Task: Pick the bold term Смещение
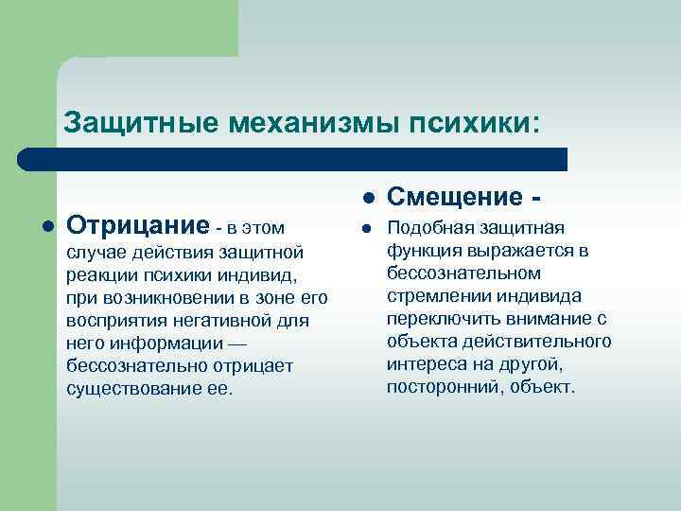tap(454, 198)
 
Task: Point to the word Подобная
tap(425, 228)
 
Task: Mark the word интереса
tap(425, 364)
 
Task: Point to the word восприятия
tap(111, 321)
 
